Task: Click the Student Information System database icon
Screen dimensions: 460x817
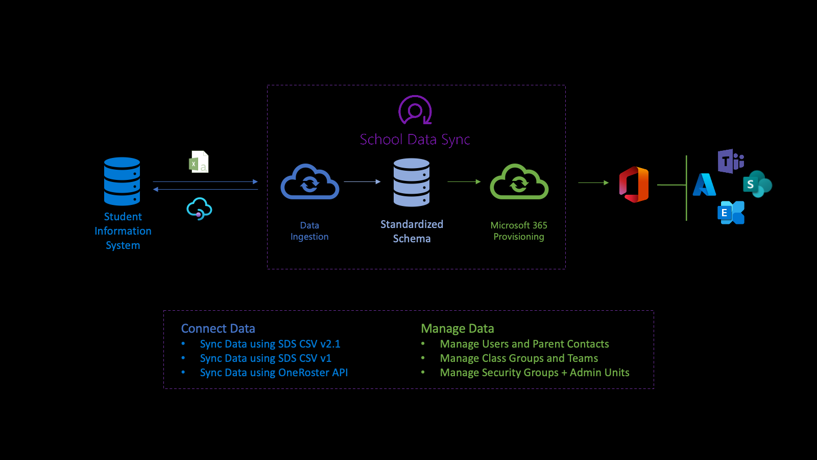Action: tap(122, 181)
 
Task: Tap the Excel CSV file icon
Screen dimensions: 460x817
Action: tap(199, 162)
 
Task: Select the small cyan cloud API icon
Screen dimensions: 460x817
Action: tap(199, 209)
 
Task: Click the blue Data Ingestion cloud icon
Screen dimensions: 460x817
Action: tap(310, 182)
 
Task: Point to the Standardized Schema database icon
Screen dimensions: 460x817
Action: tap(412, 182)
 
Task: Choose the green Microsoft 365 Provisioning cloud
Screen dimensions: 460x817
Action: tap(519, 182)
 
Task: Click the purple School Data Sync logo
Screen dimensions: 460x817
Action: tap(415, 110)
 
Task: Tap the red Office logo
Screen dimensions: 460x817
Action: tap(634, 184)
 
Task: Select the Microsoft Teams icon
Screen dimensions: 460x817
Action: tap(730, 162)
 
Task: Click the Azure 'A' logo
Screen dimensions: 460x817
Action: tap(704, 185)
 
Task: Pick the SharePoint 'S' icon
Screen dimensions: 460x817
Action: tap(757, 184)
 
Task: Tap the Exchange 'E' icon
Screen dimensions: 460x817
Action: tap(731, 213)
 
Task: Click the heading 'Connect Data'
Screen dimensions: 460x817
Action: tap(218, 329)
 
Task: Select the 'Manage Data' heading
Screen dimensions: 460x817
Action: tap(458, 329)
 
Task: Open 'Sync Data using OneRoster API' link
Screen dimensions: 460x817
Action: tap(274, 373)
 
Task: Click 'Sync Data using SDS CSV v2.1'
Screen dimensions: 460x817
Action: tap(270, 344)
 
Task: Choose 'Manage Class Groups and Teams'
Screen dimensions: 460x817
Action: tap(519, 358)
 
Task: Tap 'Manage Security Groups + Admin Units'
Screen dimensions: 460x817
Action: tap(535, 373)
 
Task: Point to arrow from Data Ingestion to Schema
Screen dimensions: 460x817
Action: tap(362, 181)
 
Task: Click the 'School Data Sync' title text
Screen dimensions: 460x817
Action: tap(415, 140)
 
